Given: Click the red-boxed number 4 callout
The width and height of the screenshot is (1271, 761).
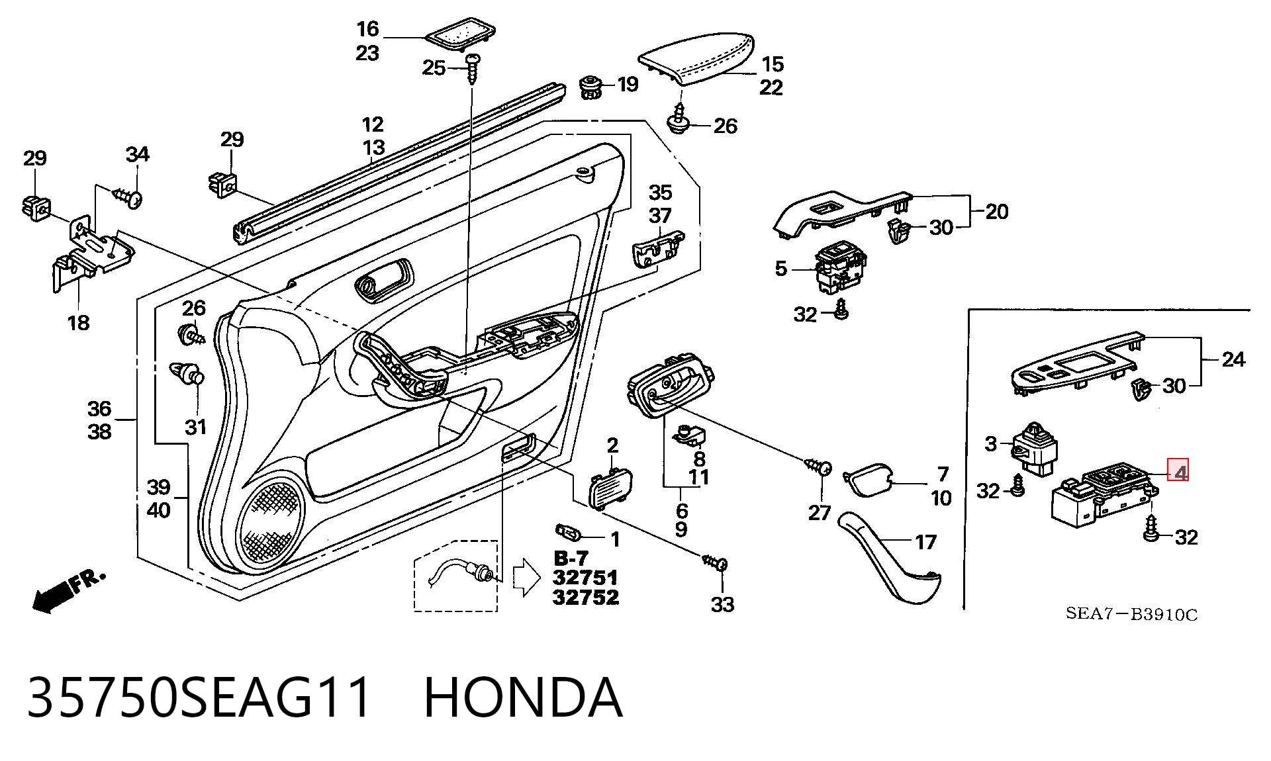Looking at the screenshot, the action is pos(1178,470).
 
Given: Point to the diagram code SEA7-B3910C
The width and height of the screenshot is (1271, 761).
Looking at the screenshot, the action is pos(1131,614).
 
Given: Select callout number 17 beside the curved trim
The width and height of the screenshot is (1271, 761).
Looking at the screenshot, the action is pos(925,543).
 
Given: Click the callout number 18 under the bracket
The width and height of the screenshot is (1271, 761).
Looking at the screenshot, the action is pos(78,323).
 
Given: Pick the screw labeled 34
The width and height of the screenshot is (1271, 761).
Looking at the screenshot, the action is pos(128,197).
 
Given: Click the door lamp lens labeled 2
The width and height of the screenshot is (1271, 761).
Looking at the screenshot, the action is pos(610,488).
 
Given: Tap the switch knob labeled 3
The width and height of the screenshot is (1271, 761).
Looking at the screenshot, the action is pos(1035,447).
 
